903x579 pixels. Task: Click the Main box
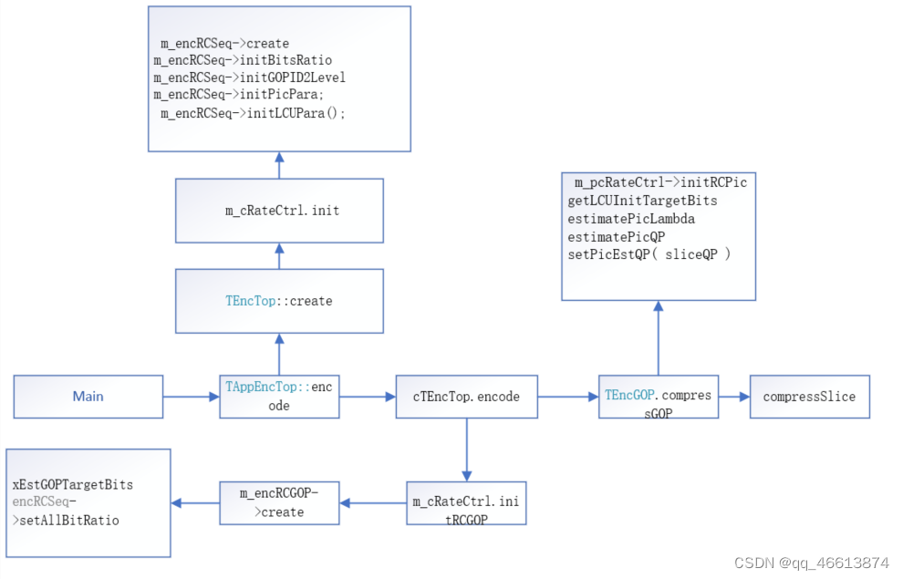tap(88, 397)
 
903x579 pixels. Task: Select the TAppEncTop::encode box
tap(279, 397)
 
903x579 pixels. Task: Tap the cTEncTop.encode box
tap(466, 397)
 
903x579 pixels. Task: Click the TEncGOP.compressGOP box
tap(658, 397)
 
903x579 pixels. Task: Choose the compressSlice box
tap(809, 397)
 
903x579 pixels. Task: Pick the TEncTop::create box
tap(279, 301)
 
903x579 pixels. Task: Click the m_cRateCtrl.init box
tap(279, 211)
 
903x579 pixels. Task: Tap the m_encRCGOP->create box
tap(279, 502)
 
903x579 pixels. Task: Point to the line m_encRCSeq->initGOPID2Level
tap(249, 78)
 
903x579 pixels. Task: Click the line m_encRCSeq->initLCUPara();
tap(253, 113)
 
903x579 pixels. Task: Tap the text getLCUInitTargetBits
tap(642, 201)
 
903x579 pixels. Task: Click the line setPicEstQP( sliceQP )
tap(649, 253)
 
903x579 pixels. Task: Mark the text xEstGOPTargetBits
tap(72, 484)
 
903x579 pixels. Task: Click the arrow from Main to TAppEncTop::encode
tap(192, 397)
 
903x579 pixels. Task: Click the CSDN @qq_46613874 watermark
tap(811, 563)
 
